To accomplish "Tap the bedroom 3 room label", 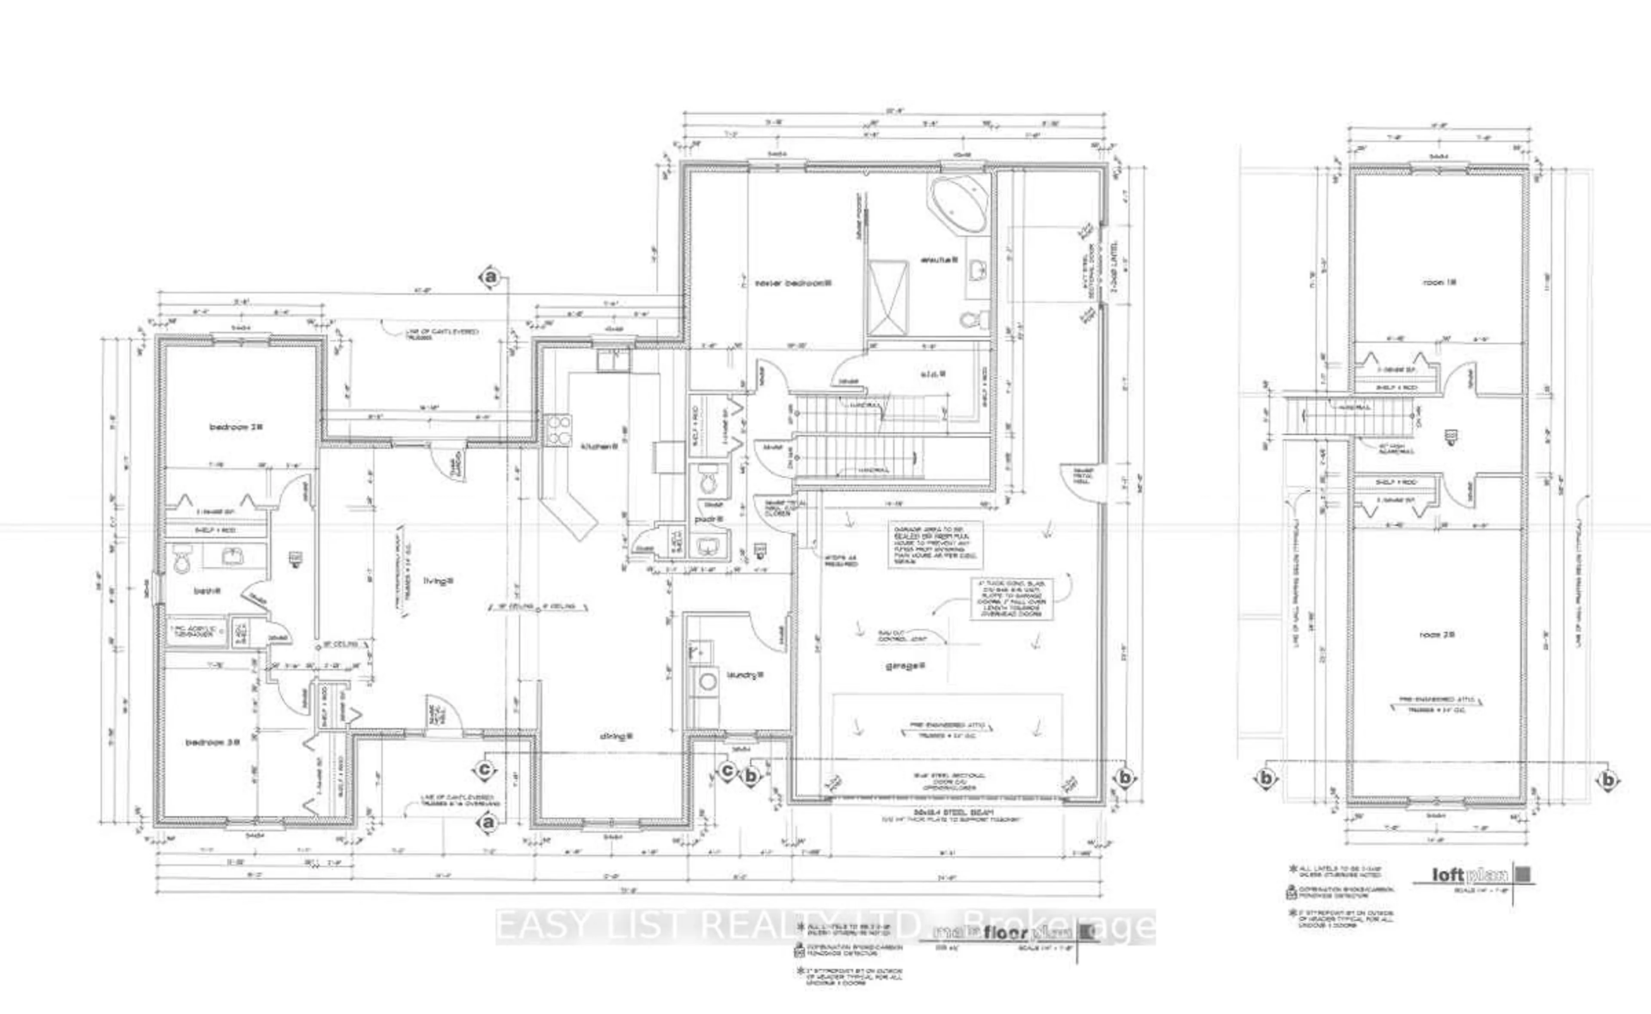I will click(x=212, y=742).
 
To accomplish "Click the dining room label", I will click(x=617, y=736).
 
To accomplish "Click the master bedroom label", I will click(x=792, y=283).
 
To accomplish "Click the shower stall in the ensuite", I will click(x=888, y=298).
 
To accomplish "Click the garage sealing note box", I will click(x=935, y=544).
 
